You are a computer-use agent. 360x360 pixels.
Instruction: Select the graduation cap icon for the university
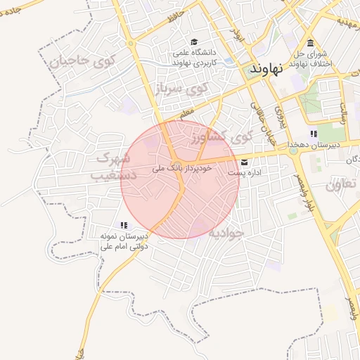pyautogui.click(x=194, y=41)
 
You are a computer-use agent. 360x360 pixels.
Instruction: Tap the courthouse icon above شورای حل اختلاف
pyautogui.click(x=311, y=42)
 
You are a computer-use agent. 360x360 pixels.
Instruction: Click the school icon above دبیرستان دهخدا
pyautogui.click(x=314, y=134)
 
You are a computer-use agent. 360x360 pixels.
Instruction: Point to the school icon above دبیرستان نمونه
pyautogui.click(x=124, y=226)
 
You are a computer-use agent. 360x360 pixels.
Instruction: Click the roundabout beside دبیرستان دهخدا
pyautogui.click(x=292, y=150)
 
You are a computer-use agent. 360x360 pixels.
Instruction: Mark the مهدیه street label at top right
pyautogui.click(x=346, y=22)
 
